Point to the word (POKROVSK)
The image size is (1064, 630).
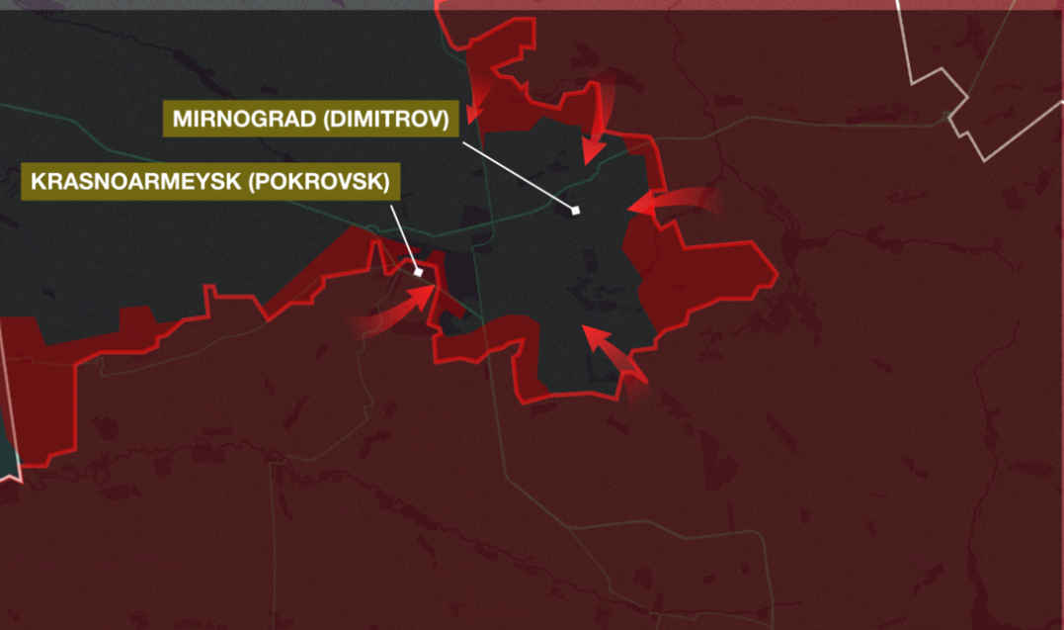click(323, 182)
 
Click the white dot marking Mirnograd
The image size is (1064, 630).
click(575, 211)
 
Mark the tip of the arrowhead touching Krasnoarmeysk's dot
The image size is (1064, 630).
click(433, 288)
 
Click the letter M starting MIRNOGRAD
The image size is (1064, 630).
click(181, 120)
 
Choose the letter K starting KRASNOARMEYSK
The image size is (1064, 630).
click(37, 182)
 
